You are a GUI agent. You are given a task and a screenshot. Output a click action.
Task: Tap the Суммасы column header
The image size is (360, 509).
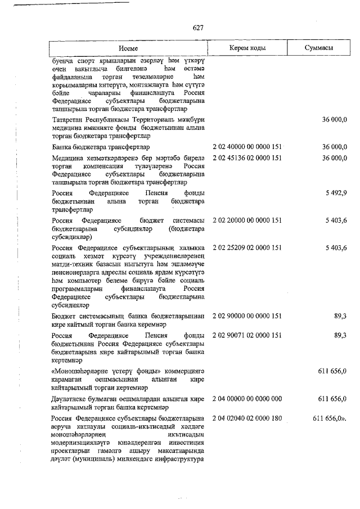[x=318, y=49]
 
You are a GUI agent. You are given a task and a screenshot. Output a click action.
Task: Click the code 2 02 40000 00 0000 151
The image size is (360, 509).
[x=247, y=147]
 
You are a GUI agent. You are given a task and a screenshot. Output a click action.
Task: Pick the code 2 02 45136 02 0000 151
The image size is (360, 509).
[x=247, y=158]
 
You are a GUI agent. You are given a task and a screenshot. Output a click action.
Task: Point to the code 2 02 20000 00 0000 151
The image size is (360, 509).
[x=247, y=221]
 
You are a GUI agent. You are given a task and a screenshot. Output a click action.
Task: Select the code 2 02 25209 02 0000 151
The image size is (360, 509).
[x=247, y=248]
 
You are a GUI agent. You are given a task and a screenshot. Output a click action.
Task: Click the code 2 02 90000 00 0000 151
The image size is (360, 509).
[x=247, y=317]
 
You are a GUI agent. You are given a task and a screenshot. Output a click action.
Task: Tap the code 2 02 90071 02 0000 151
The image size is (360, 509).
[x=247, y=336]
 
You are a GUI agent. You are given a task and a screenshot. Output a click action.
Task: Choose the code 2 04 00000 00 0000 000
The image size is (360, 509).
[x=247, y=399]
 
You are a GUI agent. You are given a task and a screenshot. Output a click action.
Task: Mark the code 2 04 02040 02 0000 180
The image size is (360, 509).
[x=247, y=419]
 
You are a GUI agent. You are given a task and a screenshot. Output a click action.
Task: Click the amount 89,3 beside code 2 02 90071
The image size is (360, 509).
[x=340, y=336]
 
